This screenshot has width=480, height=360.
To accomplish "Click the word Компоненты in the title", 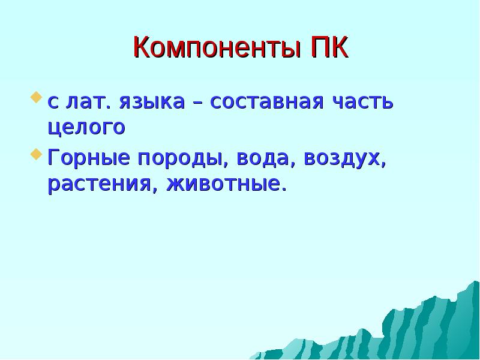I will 214,47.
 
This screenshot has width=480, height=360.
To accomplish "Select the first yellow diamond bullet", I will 37,96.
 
